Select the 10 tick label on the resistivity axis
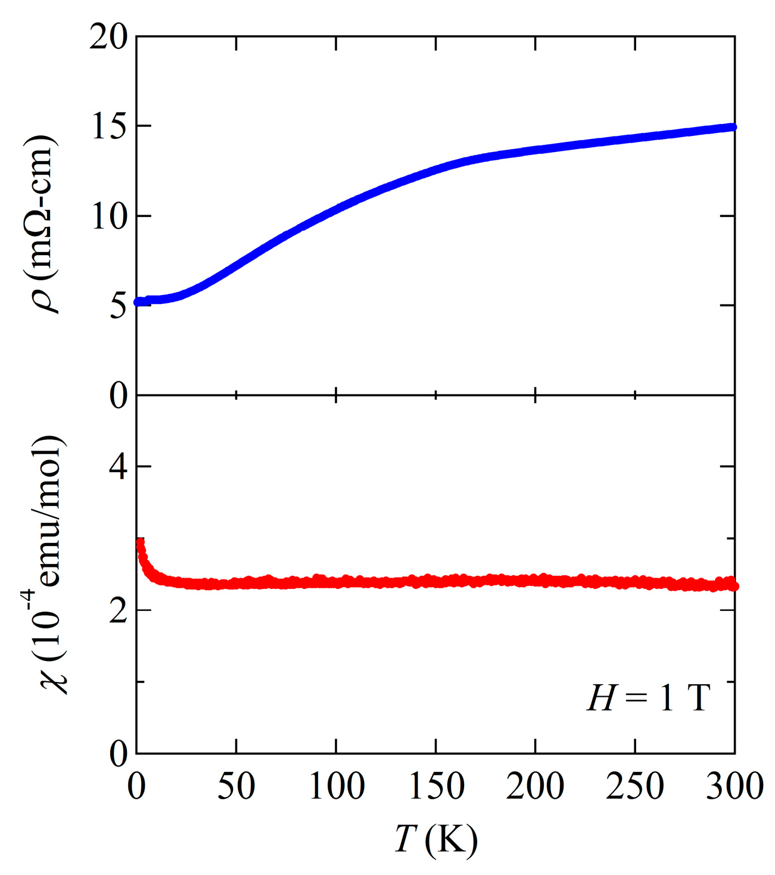pyautogui.click(x=108, y=217)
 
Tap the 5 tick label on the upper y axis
pyautogui.click(x=118, y=306)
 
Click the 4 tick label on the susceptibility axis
pyautogui.click(x=118, y=467)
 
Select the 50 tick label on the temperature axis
pyautogui.click(x=236, y=786)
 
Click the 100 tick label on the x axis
pyautogui.click(x=336, y=786)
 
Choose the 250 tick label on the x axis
pyautogui.click(x=634, y=786)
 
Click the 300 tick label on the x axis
pyautogui.click(x=734, y=786)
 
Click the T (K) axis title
pyautogui.click(x=435, y=840)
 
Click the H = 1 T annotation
pyautogui.click(x=648, y=697)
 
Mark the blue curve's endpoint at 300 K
pyautogui.click(x=733, y=127)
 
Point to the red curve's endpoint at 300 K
pyautogui.click(x=734, y=587)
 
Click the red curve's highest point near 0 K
pyautogui.click(x=141, y=542)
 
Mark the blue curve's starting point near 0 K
pyautogui.click(x=138, y=302)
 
